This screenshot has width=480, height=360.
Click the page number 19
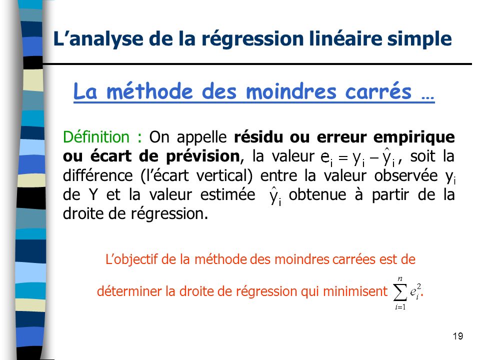458,336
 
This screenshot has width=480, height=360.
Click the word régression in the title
252,39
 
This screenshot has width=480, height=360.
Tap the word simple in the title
419,39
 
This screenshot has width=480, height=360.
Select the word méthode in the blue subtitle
149,90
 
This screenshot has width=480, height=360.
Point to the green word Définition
96,137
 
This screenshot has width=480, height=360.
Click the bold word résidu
258,137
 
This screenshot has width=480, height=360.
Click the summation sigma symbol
400,293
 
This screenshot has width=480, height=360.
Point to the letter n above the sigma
400,278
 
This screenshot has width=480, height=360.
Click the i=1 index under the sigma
400,307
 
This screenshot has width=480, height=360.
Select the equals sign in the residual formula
343,157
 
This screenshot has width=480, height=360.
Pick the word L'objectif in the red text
131,260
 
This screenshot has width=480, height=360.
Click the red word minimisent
355,291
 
